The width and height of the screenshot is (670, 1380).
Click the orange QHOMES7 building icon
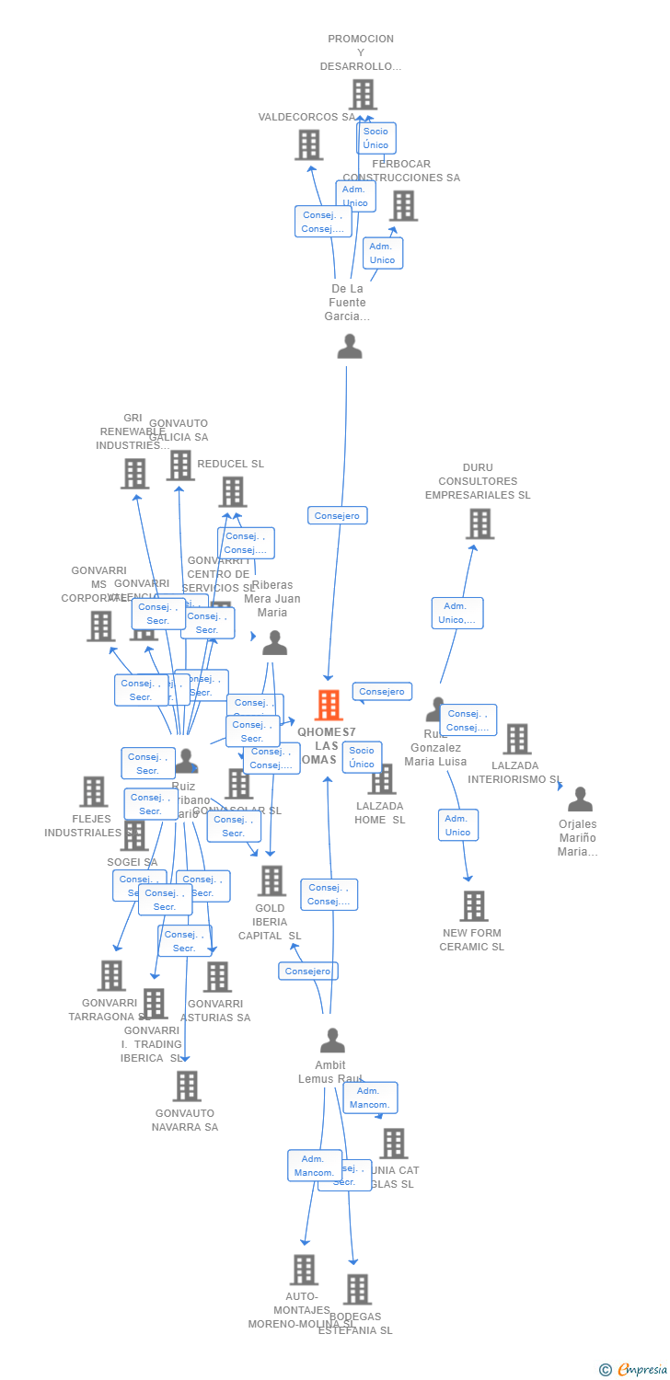(x=329, y=705)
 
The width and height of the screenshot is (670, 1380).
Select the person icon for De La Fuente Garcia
(x=350, y=347)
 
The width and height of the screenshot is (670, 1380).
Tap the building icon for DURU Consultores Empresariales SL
(x=479, y=523)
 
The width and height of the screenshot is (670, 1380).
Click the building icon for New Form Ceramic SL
(x=473, y=906)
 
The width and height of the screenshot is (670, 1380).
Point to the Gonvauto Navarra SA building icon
(x=187, y=1087)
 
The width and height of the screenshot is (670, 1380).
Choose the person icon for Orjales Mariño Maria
(x=580, y=799)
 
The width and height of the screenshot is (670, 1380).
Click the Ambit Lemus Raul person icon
(x=332, y=1041)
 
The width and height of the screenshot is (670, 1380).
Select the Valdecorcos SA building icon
(x=308, y=144)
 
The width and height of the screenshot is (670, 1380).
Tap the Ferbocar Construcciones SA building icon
(x=403, y=206)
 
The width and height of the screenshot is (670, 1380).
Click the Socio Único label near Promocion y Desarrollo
(x=376, y=138)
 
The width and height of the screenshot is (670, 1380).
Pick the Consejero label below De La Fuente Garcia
(x=338, y=516)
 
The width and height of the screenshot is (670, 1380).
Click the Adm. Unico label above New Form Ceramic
(x=457, y=825)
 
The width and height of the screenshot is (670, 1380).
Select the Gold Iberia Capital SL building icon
(x=271, y=880)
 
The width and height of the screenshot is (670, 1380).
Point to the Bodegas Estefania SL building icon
(x=357, y=1290)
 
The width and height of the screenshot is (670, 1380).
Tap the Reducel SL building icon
(x=233, y=491)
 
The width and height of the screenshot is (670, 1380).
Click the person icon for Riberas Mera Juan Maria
(x=274, y=643)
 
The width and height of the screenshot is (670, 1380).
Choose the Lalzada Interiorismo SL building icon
(x=516, y=739)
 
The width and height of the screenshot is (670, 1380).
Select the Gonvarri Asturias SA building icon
(x=217, y=977)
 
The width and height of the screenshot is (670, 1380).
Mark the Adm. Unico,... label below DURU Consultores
(x=457, y=613)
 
